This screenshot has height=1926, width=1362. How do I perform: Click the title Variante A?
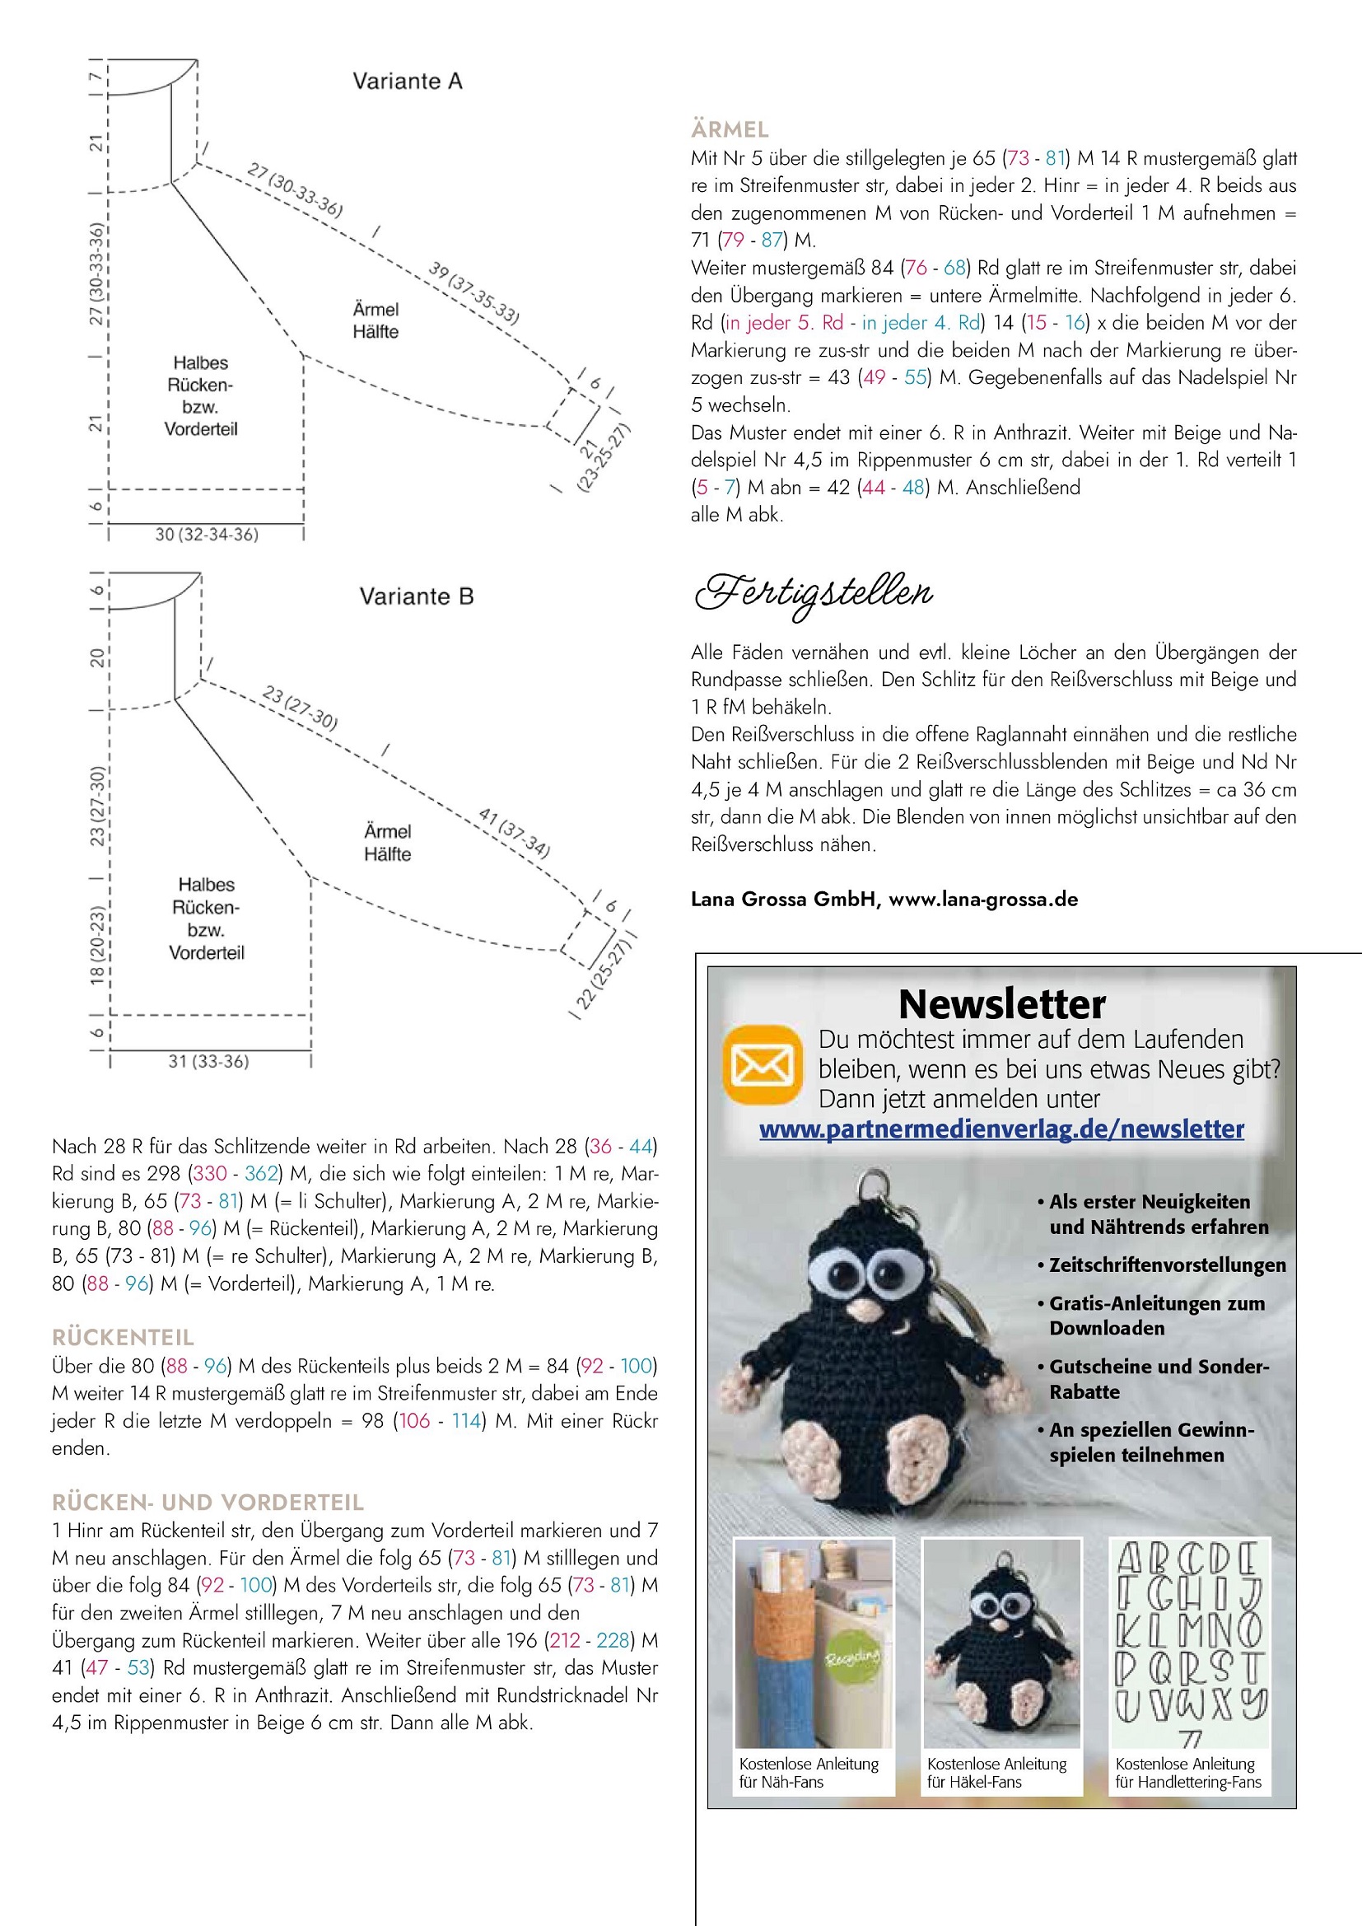(x=408, y=82)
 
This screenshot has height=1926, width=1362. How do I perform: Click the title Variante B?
(x=417, y=596)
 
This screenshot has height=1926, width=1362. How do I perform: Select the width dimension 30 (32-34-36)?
(x=207, y=535)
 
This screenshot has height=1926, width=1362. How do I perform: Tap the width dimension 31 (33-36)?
(x=209, y=1061)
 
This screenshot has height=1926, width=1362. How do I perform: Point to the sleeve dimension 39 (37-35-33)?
(x=473, y=292)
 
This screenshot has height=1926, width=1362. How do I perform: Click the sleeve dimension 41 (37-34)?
(x=514, y=832)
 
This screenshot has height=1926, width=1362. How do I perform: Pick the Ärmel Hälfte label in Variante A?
(x=375, y=320)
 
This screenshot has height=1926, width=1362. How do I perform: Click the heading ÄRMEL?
(x=730, y=130)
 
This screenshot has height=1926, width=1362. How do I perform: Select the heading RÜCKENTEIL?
(x=123, y=1337)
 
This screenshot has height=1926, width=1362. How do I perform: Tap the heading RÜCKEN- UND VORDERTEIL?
(x=208, y=1503)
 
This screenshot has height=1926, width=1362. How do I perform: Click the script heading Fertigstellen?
(x=814, y=594)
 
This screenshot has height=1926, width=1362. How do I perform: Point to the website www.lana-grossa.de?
(x=983, y=900)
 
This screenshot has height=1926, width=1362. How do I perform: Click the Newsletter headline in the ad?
(x=1001, y=1004)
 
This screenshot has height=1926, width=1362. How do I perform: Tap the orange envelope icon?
(x=763, y=1064)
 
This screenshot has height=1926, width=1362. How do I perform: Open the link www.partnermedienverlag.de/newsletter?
(x=1001, y=1129)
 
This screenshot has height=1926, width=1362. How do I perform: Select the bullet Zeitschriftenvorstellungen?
(x=1167, y=1265)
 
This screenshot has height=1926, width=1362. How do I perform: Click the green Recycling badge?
(x=852, y=1657)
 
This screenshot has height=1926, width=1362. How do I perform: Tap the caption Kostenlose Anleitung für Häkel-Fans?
(x=996, y=1773)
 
